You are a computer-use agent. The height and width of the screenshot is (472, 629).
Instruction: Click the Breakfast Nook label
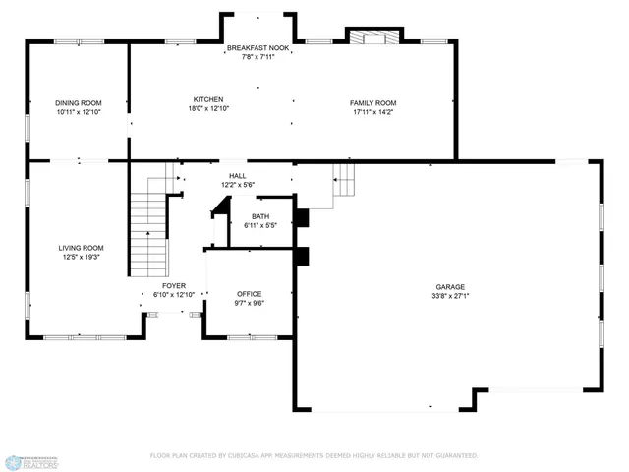(258, 48)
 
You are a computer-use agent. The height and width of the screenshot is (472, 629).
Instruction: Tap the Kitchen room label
(208, 99)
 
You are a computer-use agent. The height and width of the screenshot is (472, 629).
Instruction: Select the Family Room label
(373, 103)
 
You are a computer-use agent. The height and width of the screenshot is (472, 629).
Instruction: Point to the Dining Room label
(79, 103)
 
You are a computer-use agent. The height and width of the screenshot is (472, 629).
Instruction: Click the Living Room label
(82, 248)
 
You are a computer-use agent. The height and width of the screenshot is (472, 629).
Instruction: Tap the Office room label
(248, 294)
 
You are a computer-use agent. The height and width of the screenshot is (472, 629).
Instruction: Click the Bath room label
(260, 216)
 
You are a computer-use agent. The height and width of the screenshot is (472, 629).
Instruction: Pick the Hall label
(237, 175)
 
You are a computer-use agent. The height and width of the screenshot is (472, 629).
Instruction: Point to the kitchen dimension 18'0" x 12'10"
(208, 108)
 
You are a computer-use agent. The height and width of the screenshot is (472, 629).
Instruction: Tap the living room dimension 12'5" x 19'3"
(82, 257)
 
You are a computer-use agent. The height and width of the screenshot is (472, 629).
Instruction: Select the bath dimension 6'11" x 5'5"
(260, 225)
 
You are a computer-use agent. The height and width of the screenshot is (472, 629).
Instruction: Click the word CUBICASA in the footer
(256, 456)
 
